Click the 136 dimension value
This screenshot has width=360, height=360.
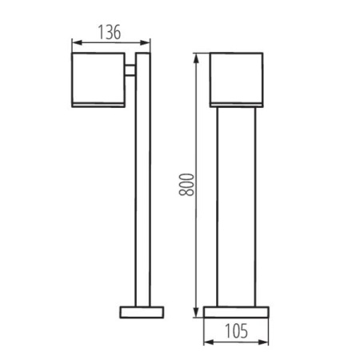pos(110,32)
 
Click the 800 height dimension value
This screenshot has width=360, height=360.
pos(186,185)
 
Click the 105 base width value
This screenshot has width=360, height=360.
pos(237,331)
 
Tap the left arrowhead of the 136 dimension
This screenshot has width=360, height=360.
pos(77,42)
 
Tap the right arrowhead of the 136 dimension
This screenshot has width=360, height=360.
pos(146,42)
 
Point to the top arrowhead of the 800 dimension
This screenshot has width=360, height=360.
pos(196,58)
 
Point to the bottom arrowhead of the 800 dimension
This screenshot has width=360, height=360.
pos(196,312)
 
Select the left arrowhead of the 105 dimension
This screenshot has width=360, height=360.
pos(209,342)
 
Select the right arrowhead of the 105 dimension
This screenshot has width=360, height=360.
pos(264,342)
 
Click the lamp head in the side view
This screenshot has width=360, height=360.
pos(98,80)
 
